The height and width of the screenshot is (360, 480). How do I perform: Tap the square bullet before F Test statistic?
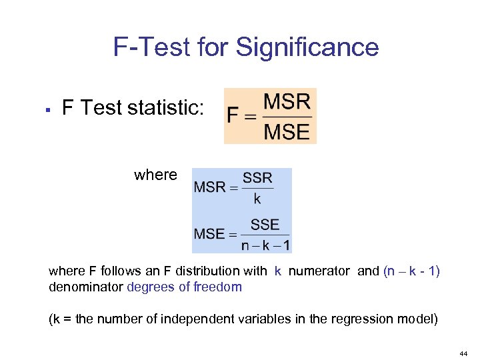(51, 109)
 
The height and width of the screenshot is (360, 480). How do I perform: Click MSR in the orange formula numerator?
(287, 102)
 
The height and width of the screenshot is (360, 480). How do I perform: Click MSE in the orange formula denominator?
(287, 131)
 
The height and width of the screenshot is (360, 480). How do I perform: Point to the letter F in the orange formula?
(233, 117)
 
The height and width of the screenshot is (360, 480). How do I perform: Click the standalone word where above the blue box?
(155, 175)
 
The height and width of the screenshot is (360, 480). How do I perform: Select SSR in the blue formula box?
(257, 178)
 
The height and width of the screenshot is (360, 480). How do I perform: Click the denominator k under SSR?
(257, 199)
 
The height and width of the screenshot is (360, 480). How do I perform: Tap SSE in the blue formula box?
(265, 225)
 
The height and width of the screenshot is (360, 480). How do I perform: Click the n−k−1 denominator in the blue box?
(265, 245)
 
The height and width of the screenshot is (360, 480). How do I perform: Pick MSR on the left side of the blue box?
(209, 187)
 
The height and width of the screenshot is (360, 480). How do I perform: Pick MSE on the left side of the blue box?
(209, 234)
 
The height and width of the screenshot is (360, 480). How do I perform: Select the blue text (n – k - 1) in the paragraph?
(411, 271)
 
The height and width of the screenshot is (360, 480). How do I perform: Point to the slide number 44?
(463, 352)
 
